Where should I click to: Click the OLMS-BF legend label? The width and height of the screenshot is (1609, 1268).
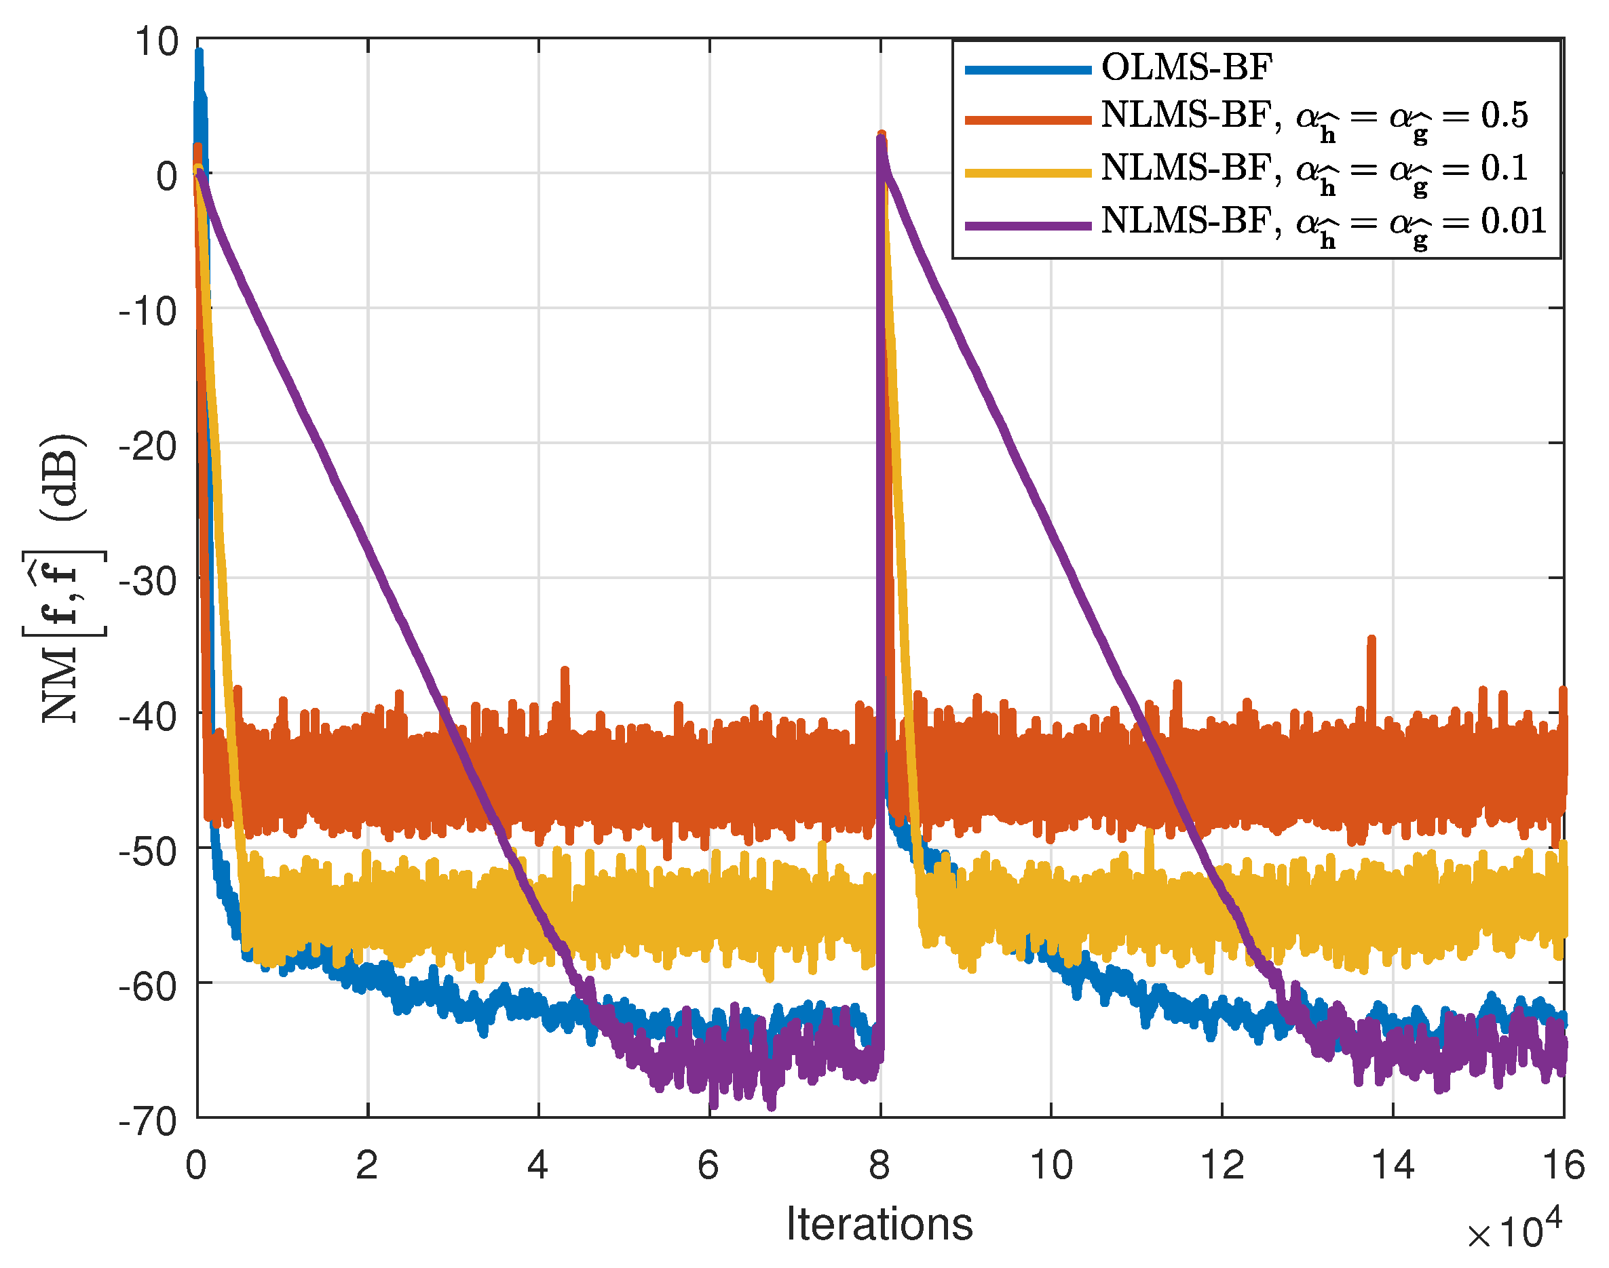[x=1186, y=68]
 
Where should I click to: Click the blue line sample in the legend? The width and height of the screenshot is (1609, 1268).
[x=1027, y=70]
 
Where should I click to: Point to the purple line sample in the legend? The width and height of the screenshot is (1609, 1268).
[x=1027, y=226]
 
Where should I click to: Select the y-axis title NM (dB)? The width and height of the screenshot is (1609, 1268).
[x=64, y=580]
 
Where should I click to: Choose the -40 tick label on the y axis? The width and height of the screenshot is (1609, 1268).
[x=149, y=717]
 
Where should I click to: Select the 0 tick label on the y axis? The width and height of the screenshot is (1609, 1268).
[x=167, y=177]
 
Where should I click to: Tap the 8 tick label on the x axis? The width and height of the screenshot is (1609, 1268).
[x=879, y=1164]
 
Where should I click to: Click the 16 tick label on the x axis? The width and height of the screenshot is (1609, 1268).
[x=1564, y=1164]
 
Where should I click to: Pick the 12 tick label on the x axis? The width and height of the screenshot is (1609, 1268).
[x=1222, y=1164]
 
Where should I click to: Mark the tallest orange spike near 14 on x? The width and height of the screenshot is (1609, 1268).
[x=1371, y=640]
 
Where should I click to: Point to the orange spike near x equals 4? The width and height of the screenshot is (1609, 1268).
[x=565, y=672]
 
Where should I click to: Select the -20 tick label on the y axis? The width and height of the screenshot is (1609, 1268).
[x=149, y=447]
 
